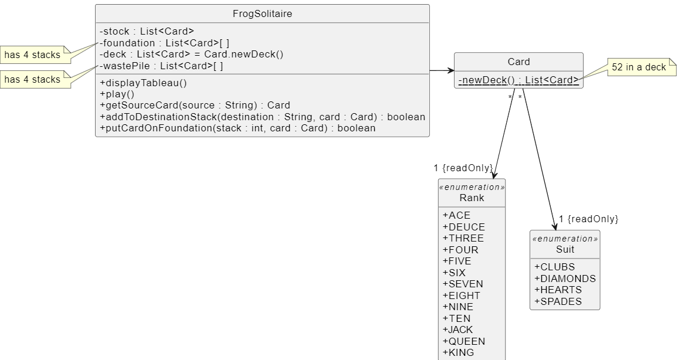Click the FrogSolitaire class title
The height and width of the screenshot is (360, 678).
[262, 13]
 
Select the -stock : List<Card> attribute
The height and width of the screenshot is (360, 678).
[147, 32]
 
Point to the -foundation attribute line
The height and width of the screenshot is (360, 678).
[164, 43]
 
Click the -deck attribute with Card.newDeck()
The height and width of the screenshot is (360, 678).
[191, 55]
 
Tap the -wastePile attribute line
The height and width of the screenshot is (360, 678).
[161, 66]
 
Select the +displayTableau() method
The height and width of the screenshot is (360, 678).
[143, 83]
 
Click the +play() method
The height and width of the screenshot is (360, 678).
[117, 94]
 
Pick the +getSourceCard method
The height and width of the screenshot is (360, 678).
[195, 106]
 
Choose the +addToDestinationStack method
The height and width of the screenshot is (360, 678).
[262, 117]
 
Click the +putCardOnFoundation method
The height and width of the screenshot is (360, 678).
[238, 128]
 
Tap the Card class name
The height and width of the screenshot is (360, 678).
[518, 62]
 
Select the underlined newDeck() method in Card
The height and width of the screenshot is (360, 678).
[518, 80]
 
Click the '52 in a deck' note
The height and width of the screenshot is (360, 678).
[639, 67]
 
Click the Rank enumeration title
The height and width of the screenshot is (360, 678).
[472, 198]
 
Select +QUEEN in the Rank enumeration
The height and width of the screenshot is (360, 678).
[464, 341]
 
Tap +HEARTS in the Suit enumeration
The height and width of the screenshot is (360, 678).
[558, 290]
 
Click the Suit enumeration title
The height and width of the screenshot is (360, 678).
[565, 249]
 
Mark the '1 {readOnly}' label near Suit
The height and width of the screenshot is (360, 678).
[588, 219]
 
